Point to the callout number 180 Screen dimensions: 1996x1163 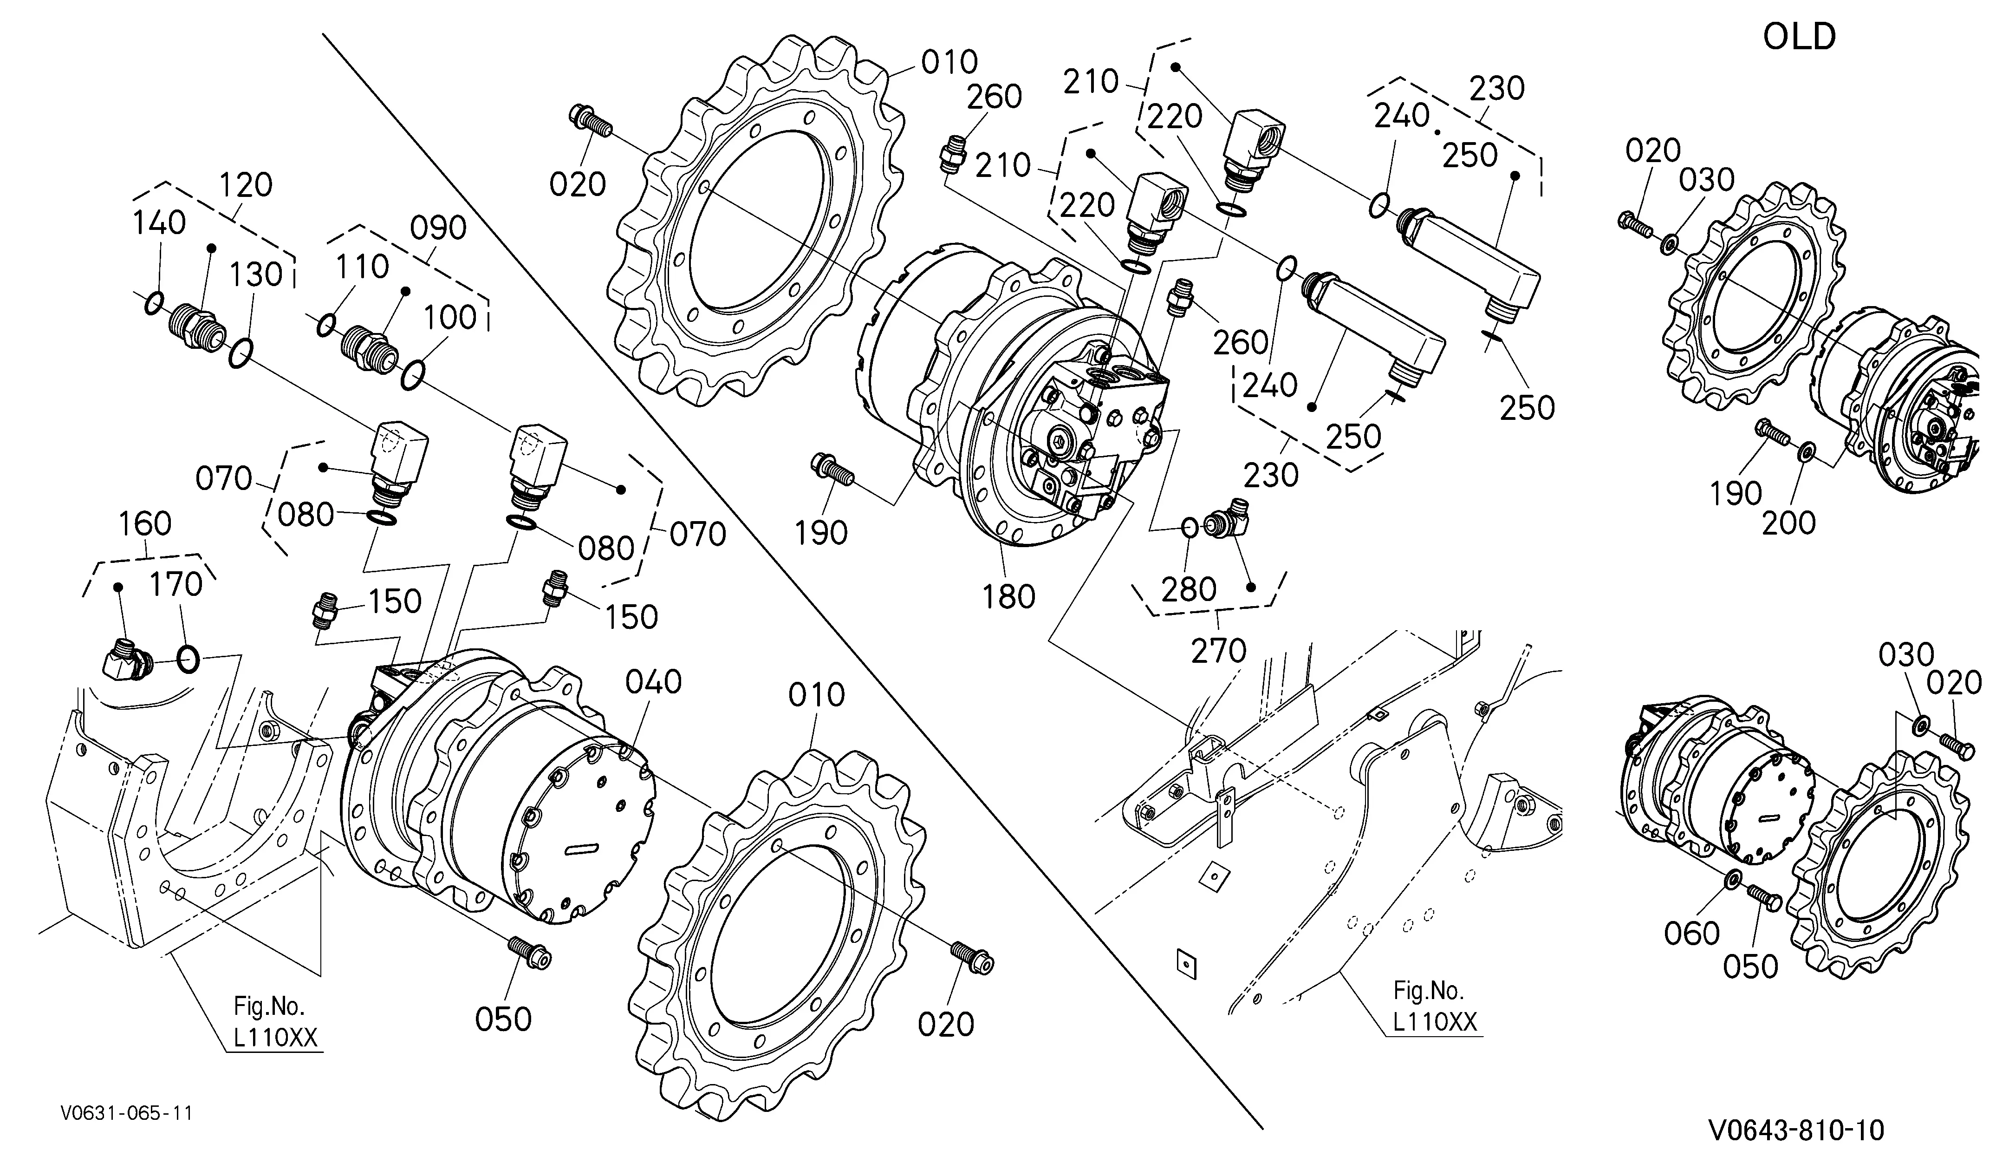click(1008, 596)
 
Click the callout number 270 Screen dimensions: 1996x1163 click(1219, 651)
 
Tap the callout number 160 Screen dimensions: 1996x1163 click(145, 523)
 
